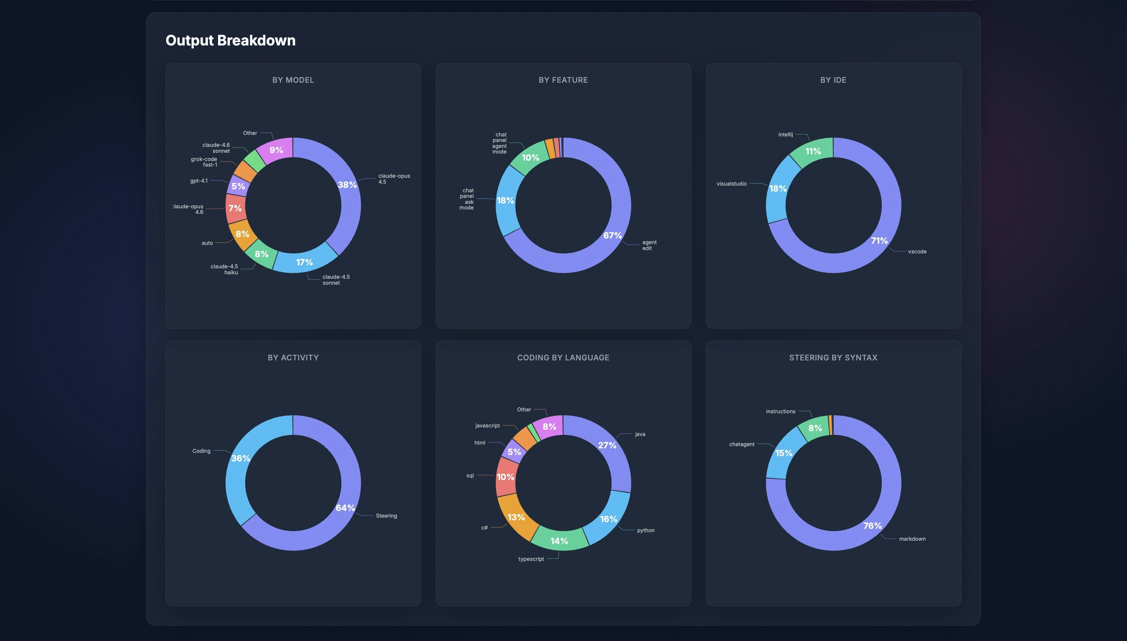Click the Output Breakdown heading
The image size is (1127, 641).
click(230, 41)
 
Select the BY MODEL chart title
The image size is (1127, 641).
click(293, 80)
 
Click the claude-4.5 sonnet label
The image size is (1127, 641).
click(336, 280)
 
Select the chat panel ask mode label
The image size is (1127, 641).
click(467, 199)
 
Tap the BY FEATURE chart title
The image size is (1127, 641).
click(563, 80)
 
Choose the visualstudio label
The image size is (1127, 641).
click(731, 184)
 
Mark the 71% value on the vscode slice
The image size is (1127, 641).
click(879, 241)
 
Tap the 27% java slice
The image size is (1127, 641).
click(610, 449)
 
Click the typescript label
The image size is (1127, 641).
click(531, 559)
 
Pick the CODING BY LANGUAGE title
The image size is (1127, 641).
click(563, 358)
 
